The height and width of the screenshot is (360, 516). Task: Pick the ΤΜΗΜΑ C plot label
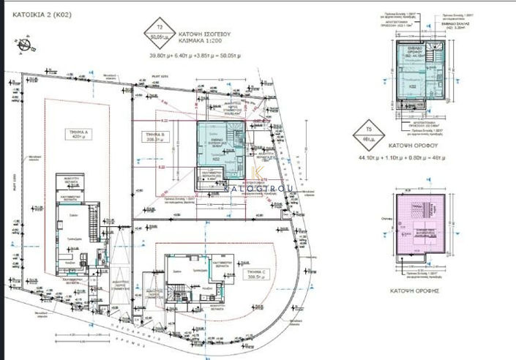click(255, 275)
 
